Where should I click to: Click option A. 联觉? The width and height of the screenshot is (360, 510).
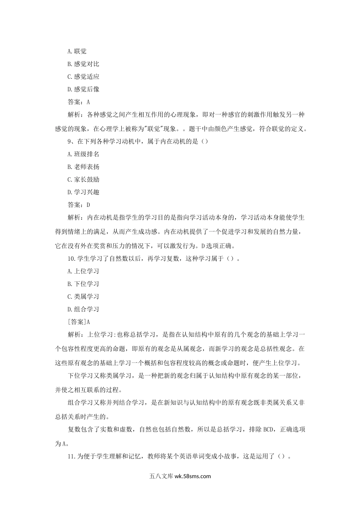pyautogui.click(x=77, y=51)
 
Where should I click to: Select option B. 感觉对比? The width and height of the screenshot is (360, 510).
pyautogui.click(x=83, y=64)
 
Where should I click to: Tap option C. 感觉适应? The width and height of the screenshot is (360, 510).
pyautogui.click(x=83, y=77)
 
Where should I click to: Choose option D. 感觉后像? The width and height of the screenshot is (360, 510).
pyautogui.click(x=83, y=89)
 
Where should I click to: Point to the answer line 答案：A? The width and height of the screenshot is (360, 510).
pyautogui.click(x=78, y=102)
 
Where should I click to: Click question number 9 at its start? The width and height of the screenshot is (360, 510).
pyautogui.click(x=70, y=141)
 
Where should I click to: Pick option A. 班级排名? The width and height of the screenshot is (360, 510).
pyautogui.click(x=83, y=154)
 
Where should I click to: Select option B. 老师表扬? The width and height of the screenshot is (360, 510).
pyautogui.click(x=83, y=167)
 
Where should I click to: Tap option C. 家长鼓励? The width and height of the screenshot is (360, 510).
pyautogui.click(x=83, y=180)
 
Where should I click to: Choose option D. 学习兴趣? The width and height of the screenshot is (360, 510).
pyautogui.click(x=83, y=192)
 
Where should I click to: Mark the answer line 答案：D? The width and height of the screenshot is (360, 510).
pyautogui.click(x=78, y=205)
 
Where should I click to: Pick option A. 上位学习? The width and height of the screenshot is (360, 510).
pyautogui.click(x=83, y=271)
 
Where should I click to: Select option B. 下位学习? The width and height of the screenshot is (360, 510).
pyautogui.click(x=83, y=284)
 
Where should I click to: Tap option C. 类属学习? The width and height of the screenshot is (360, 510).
pyautogui.click(x=83, y=297)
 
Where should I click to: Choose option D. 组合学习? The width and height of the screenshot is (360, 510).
pyautogui.click(x=83, y=309)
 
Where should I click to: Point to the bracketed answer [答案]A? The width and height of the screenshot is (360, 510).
pyautogui.click(x=78, y=322)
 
